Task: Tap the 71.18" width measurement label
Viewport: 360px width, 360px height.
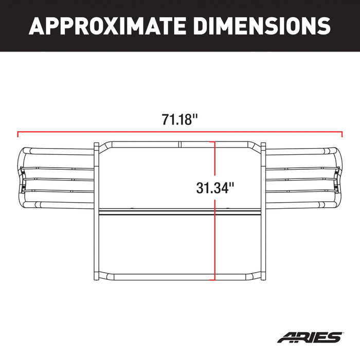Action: pos(180,120)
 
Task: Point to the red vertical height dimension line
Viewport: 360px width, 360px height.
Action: pos(214,231)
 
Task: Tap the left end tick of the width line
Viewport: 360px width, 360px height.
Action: pos(18,135)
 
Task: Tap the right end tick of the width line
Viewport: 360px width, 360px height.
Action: pos(342,135)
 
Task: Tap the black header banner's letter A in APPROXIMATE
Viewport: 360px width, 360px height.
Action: pos(35,25)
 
